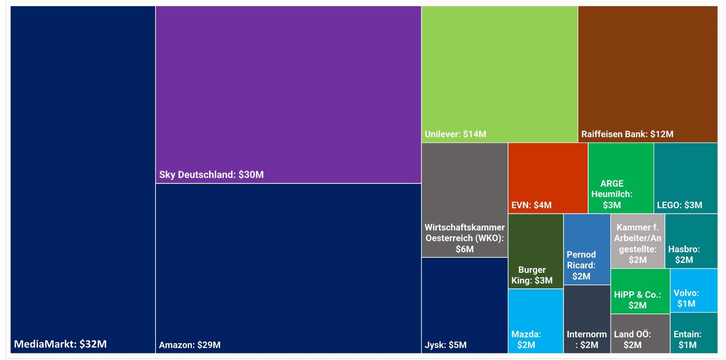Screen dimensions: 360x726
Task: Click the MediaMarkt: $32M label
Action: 60,344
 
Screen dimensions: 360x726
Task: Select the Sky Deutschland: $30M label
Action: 211,174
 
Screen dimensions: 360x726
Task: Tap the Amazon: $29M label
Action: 190,345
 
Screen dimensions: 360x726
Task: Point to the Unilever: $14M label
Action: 455,134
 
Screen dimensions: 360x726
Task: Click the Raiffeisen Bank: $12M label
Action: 627,134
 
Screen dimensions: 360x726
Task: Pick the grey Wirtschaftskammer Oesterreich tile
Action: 465,200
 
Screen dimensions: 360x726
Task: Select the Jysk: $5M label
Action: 446,345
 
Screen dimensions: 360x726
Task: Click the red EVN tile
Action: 547,178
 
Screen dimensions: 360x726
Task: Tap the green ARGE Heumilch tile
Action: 620,178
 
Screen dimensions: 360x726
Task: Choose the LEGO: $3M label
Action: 680,205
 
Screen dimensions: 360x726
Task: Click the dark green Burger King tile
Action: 535,251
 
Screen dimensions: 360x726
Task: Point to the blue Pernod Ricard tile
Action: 587,249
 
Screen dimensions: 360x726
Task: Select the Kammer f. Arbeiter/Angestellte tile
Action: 637,241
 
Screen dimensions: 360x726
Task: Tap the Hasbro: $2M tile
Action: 691,241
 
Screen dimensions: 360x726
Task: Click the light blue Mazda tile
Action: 535,321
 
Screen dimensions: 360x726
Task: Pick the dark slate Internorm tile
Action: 587,319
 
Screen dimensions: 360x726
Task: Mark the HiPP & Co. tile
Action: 640,291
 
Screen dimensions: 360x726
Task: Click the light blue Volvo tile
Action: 693,290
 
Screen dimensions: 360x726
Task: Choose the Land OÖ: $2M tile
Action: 640,333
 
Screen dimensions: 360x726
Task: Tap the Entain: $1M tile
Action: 693,333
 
